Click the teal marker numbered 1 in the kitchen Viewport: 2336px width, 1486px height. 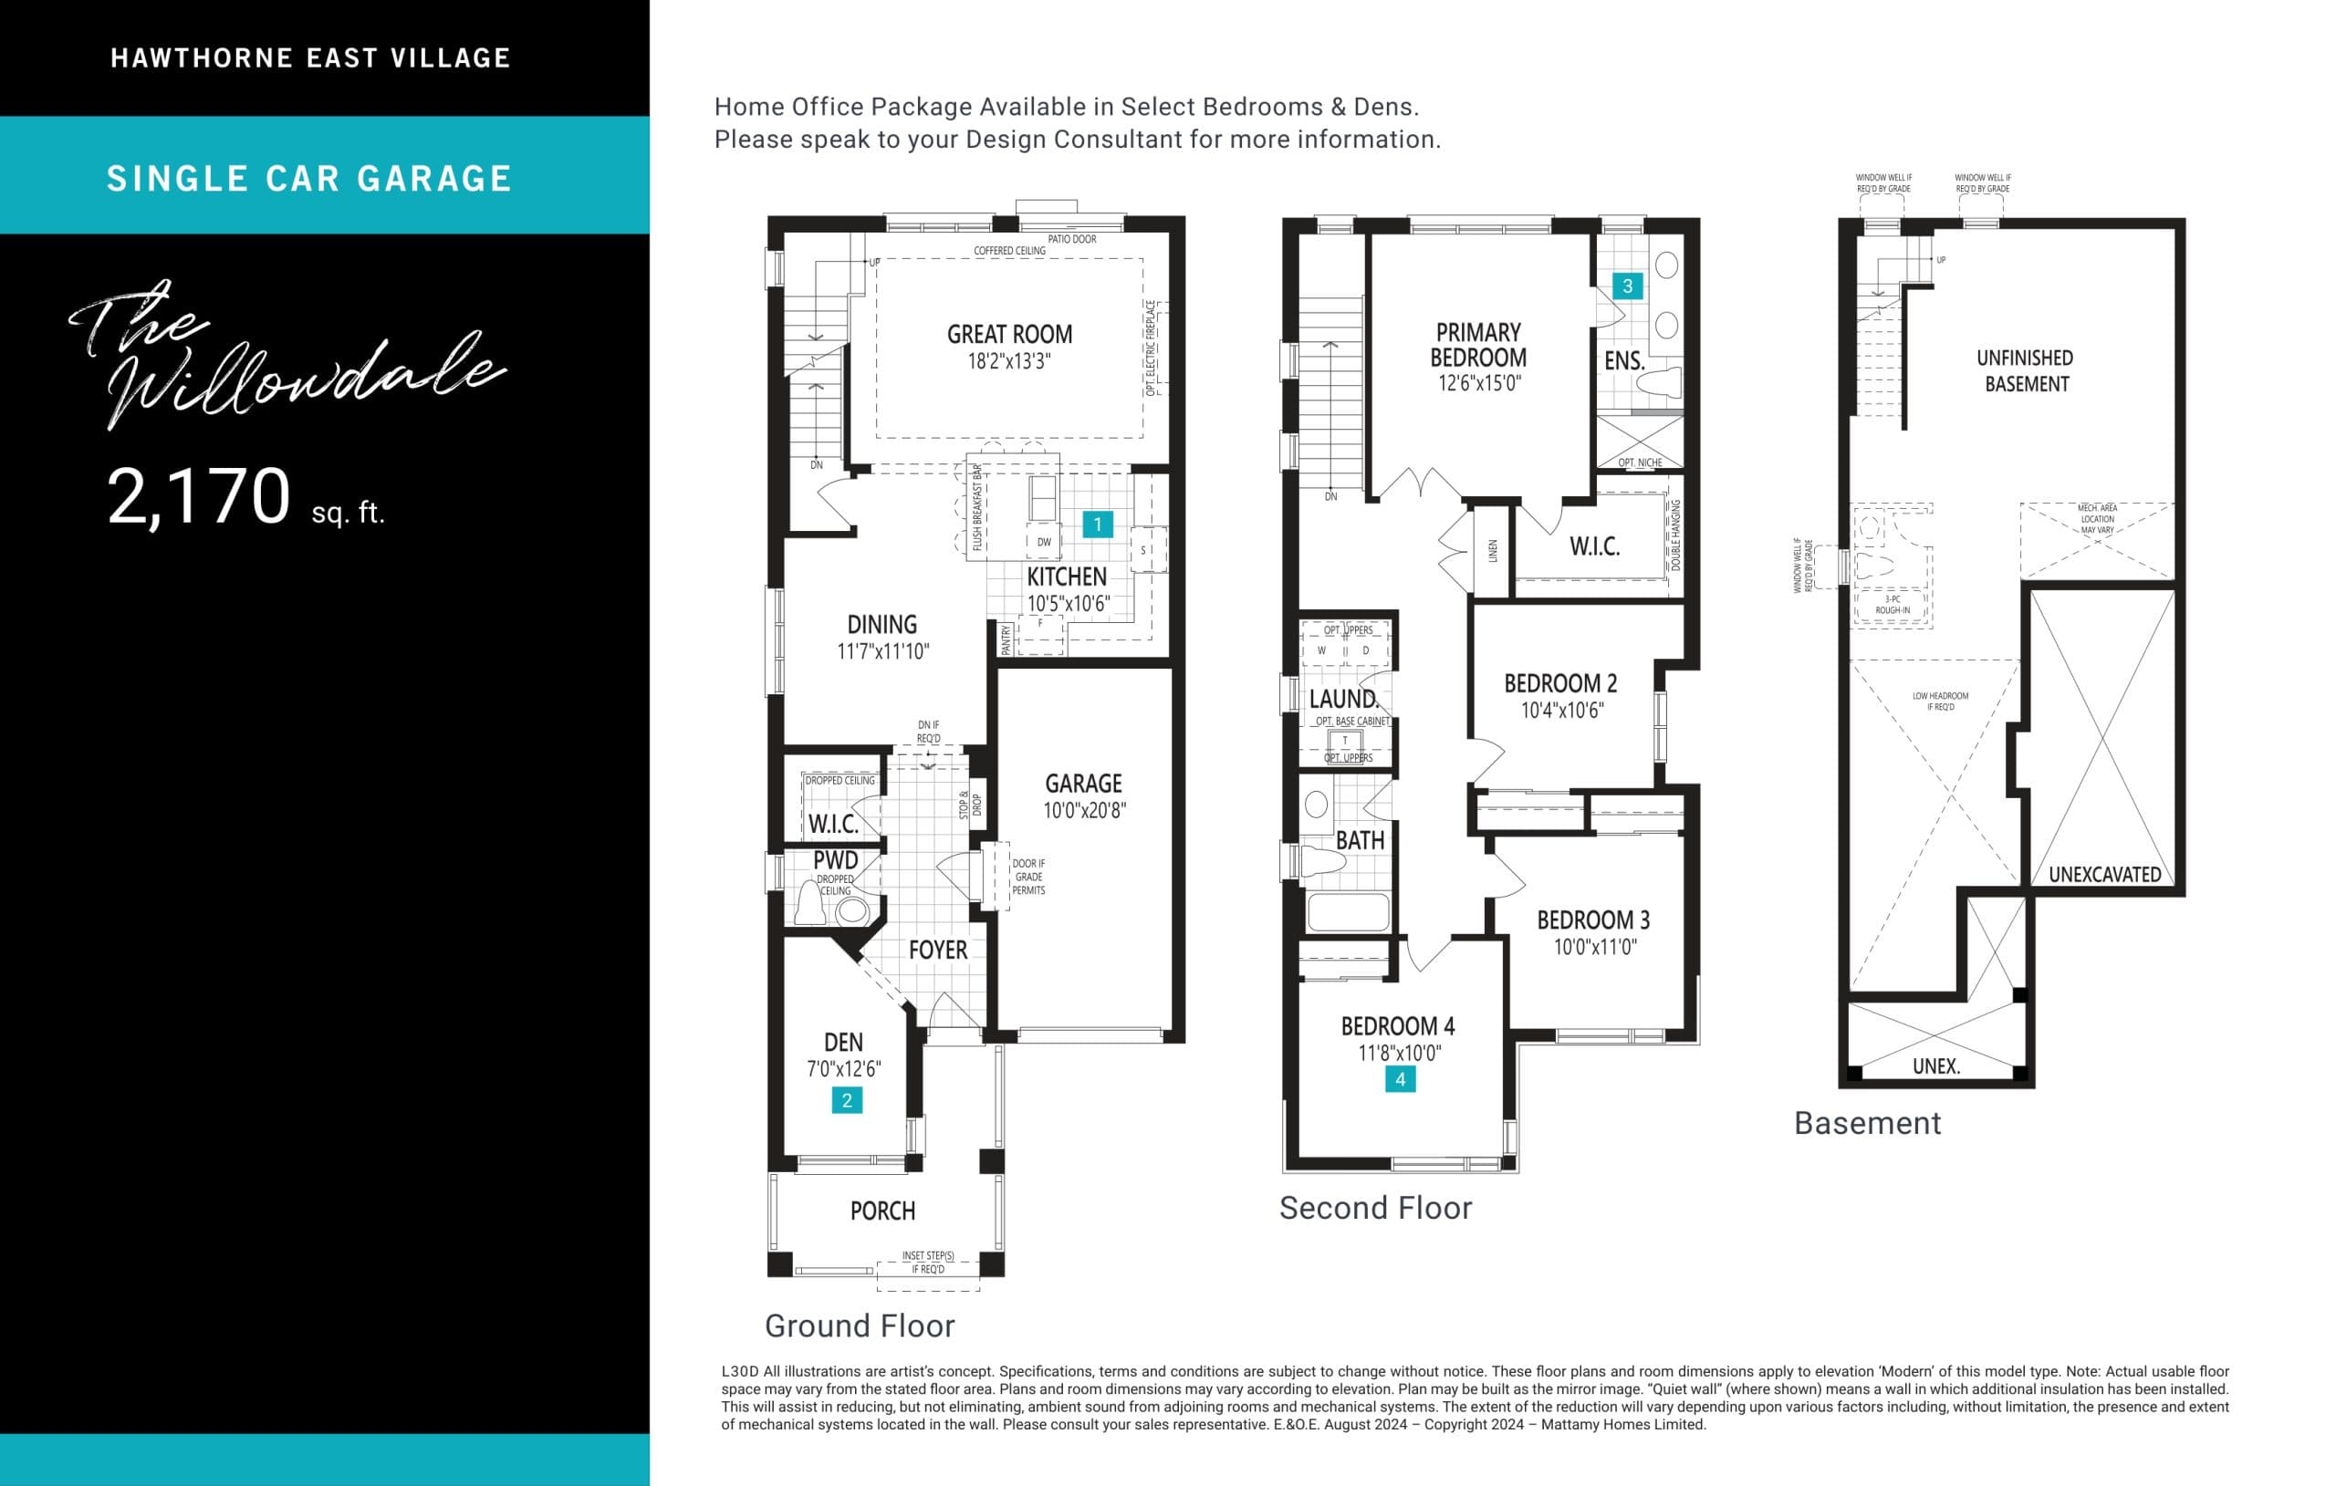coord(1097,525)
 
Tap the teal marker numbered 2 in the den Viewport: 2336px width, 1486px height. coord(847,1100)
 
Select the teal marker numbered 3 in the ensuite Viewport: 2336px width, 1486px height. coord(1627,286)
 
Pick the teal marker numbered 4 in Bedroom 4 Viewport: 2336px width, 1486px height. coord(1400,1078)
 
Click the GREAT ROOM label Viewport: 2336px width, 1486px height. coord(1009,335)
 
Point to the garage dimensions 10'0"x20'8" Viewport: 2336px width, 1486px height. coord(1084,811)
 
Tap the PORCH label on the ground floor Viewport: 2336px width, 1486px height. coord(881,1211)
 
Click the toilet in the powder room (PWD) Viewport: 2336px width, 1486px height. coord(810,903)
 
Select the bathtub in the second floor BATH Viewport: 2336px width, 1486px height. coord(1348,913)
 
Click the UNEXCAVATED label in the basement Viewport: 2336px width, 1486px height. coord(2104,875)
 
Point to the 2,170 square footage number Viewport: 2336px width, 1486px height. coord(199,496)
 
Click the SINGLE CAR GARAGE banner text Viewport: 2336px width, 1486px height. coord(309,179)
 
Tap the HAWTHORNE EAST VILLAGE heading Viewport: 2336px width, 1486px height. coord(310,58)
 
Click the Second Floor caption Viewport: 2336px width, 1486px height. coord(1374,1208)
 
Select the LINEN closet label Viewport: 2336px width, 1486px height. coord(1493,551)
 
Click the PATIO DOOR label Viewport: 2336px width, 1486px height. coord(1072,240)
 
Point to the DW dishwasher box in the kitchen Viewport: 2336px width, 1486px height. coord(1044,542)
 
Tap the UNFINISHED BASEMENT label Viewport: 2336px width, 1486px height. coord(2025,370)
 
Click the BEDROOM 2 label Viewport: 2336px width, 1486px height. coord(1560,683)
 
